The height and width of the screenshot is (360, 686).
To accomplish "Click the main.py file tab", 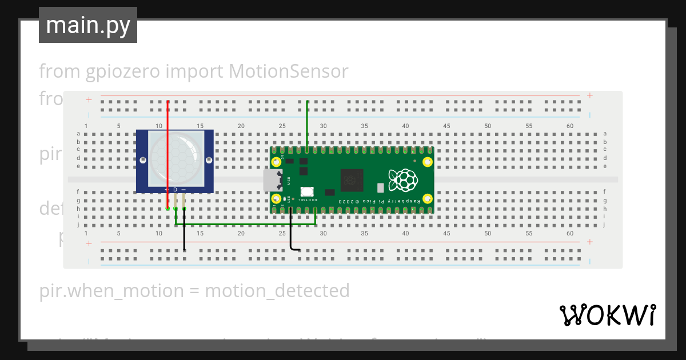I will [87, 25].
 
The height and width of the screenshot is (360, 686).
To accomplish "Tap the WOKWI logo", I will [607, 315].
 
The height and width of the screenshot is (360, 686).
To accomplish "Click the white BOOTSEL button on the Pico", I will [306, 192].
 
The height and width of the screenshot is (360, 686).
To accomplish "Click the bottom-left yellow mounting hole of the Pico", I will [277, 199].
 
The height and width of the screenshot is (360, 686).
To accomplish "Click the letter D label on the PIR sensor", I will [176, 189].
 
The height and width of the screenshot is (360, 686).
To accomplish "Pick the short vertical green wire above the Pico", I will [308, 126].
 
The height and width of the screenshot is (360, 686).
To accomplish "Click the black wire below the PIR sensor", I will [184, 234].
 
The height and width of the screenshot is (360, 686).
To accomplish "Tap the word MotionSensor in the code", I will [288, 71].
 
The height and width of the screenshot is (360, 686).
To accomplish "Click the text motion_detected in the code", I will [277, 291].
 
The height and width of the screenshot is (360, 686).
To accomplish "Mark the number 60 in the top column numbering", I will [569, 126].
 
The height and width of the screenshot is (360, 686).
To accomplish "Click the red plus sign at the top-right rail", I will [589, 95].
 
